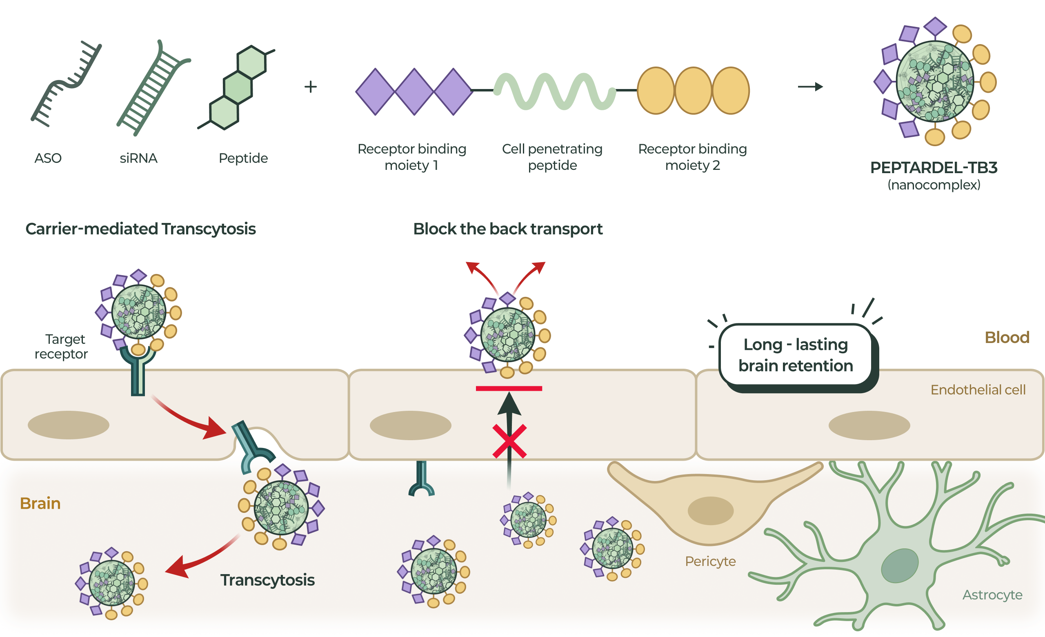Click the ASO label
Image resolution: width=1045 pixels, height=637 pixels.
coord(48,158)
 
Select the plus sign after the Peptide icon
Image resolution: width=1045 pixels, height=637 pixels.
coord(311,87)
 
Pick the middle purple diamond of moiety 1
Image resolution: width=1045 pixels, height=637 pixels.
coord(414,91)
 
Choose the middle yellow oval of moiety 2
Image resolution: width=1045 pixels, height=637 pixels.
coord(693,91)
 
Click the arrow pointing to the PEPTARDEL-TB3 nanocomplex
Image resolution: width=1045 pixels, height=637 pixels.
coord(810,87)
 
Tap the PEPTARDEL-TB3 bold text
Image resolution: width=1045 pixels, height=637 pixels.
coord(934,168)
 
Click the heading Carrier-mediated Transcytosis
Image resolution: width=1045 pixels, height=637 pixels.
coord(140,229)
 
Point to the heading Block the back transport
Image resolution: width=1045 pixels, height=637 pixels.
coord(508,229)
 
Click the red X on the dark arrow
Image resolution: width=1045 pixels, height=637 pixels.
coord(509,441)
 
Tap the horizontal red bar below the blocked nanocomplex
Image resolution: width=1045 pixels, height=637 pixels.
coord(509,388)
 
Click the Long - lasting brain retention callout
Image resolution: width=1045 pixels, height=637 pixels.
coord(795,355)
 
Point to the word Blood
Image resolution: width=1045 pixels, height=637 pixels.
coord(1007,338)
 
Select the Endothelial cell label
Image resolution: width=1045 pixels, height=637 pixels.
coord(978,390)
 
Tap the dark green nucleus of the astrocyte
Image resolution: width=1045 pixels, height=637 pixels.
coord(900,565)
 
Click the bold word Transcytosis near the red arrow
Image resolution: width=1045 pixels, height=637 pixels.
coord(267,580)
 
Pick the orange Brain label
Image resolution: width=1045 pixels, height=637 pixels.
coord(40,503)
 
